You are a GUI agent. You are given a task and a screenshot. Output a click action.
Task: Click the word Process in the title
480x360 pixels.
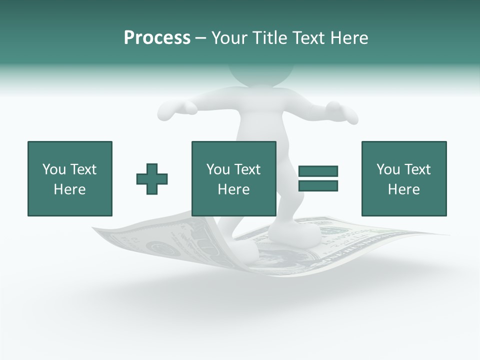click(157, 38)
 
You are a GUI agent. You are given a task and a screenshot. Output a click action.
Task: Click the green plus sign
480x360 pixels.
click(152, 178)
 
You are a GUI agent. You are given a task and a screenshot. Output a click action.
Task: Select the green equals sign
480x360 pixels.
click(318, 178)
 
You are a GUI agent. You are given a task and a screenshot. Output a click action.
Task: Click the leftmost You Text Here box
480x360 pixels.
click(69, 178)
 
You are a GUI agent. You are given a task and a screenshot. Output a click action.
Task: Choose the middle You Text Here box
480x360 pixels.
click(233, 178)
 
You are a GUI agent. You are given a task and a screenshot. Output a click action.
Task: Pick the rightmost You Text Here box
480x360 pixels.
click(403, 178)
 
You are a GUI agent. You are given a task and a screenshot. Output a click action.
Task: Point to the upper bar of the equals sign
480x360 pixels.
click(318, 171)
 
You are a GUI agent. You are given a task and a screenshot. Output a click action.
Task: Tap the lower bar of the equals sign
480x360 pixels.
click(318, 185)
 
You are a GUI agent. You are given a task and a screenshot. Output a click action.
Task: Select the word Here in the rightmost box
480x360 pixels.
click(403, 189)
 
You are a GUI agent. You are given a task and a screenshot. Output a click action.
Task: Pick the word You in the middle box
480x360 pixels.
click(218, 169)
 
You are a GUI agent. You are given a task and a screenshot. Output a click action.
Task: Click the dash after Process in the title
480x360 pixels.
click(200, 38)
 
